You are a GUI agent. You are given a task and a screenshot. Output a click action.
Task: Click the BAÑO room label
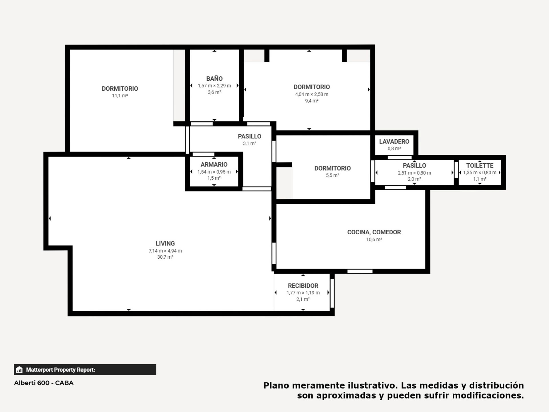tap(214, 78)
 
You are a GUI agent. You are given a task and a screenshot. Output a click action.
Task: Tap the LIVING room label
tap(165, 243)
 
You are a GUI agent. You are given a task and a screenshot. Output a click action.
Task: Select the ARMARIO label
tap(214, 165)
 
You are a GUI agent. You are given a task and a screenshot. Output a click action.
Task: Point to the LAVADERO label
tap(394, 141)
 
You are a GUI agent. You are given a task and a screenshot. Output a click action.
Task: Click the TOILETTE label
tap(480, 165)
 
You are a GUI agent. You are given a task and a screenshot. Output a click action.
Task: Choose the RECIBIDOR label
tap(303, 286)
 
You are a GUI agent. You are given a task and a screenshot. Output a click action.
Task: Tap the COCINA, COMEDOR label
tap(374, 232)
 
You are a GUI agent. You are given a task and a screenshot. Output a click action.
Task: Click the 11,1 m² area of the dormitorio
tap(120, 96)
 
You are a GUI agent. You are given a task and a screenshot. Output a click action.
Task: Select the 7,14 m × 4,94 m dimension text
tap(165, 251)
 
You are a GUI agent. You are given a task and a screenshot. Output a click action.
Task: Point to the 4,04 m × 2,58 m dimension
tap(312, 94)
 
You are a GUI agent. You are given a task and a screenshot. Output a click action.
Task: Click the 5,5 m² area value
tap(333, 175)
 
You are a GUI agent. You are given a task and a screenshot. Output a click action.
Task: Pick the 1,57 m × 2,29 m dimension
tap(214, 86)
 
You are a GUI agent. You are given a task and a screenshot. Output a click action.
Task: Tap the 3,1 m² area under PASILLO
tap(250, 143)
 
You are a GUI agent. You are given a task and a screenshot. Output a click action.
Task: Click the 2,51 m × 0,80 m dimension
tap(414, 173)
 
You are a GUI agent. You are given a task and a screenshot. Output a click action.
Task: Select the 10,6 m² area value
tap(374, 239)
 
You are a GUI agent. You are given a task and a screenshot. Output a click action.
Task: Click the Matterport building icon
tap(19, 370)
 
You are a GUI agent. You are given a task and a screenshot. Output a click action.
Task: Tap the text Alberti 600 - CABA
tap(44, 383)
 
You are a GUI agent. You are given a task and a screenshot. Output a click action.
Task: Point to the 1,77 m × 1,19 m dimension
tap(303, 293)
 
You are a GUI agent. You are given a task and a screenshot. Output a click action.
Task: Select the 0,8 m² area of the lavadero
tap(394, 148)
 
